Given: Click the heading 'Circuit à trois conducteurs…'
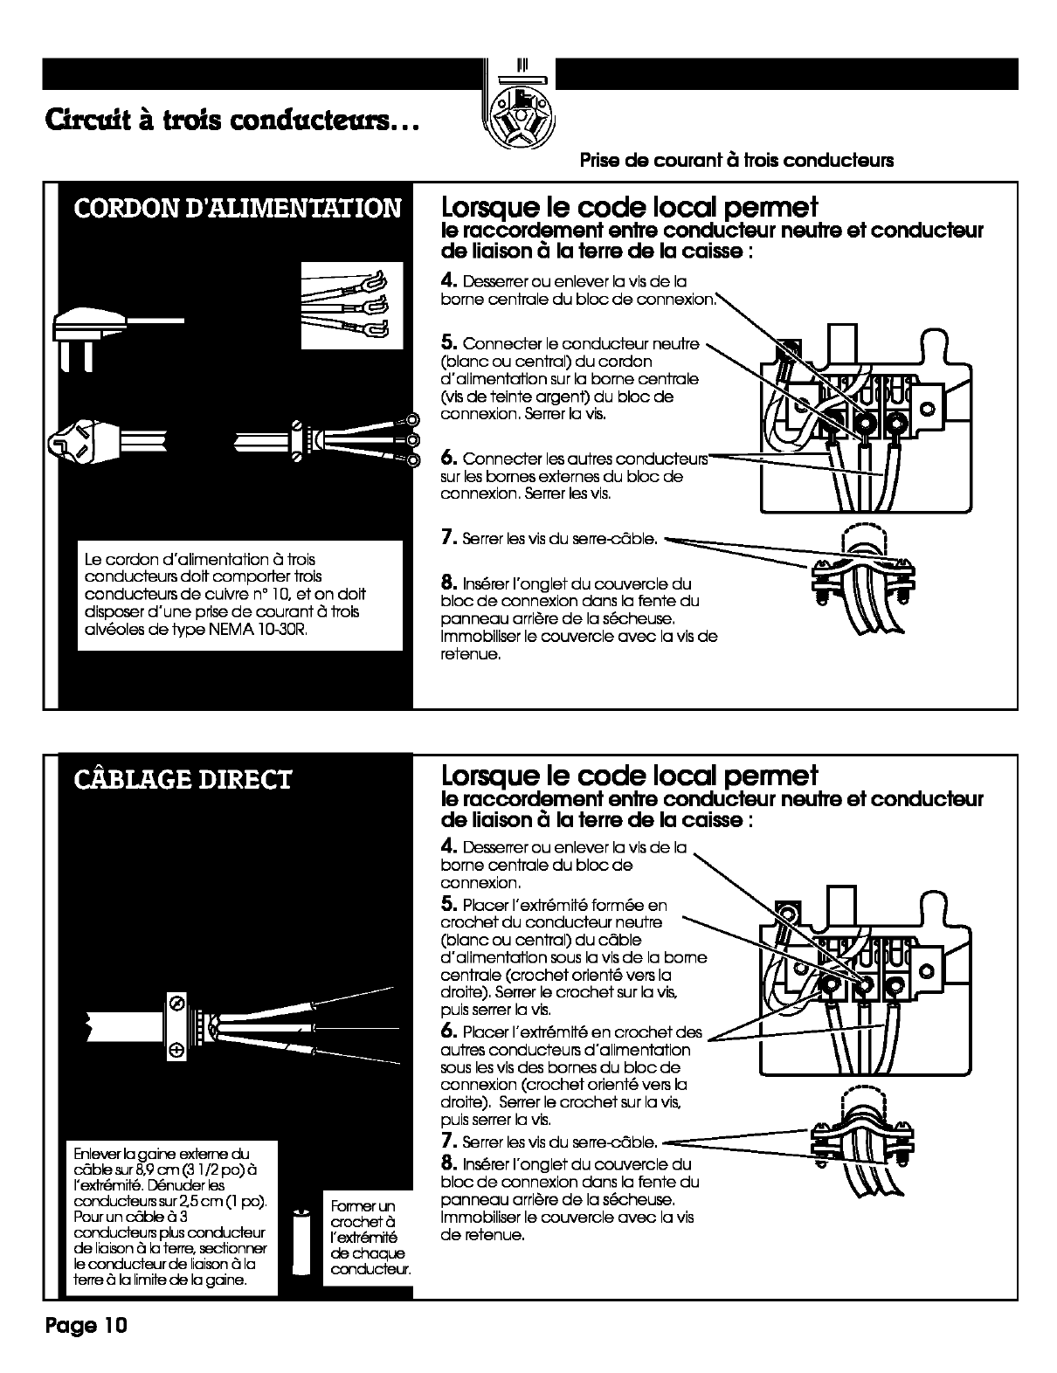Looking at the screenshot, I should point(232,121).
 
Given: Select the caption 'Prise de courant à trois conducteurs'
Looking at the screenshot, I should point(736,161).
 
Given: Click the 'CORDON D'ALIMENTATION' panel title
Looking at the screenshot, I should point(237,209).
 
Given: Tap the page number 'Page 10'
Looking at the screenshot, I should point(86,1325).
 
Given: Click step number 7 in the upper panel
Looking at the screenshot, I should point(449,538).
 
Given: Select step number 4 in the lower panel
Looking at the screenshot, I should point(449,846).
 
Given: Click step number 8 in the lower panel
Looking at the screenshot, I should point(449,1163).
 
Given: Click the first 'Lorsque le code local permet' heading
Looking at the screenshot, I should point(630,207).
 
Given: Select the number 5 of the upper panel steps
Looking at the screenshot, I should point(449,342).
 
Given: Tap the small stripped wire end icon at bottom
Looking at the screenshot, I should point(301,1242).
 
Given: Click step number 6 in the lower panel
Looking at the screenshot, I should point(449,1031).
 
